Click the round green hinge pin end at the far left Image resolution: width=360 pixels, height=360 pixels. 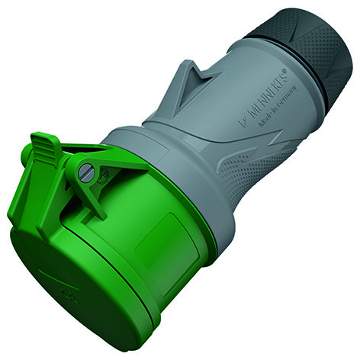pos(25,154)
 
